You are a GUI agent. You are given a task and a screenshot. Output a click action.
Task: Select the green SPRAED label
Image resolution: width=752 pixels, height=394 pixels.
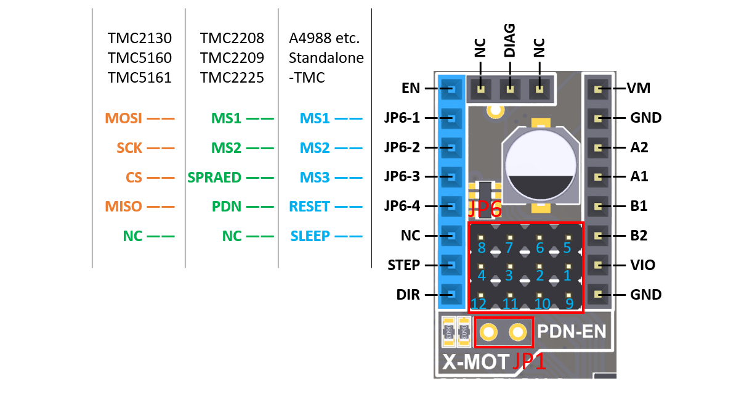214,178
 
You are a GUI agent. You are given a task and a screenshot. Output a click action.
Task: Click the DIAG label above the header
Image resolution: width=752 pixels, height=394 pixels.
510,41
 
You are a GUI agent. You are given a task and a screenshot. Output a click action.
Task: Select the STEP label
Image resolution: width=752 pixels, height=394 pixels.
403,265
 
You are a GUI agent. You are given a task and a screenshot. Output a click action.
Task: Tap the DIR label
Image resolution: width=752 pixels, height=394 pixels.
408,295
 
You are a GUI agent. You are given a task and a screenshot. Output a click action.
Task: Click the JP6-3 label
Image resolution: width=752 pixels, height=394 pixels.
402,177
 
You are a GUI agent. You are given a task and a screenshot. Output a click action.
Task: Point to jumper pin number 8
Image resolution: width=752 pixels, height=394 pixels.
482,248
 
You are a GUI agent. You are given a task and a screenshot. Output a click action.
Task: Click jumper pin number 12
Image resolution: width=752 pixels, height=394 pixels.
479,303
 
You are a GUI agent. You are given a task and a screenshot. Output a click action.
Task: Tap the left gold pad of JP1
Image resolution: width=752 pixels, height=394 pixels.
488,333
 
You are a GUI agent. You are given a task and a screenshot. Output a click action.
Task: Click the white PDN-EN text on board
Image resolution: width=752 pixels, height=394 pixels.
572,332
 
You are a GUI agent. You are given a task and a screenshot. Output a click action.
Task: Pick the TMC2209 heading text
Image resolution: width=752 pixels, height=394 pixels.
232,58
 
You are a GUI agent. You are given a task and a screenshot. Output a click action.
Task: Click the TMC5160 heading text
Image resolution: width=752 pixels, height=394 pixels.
139,58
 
